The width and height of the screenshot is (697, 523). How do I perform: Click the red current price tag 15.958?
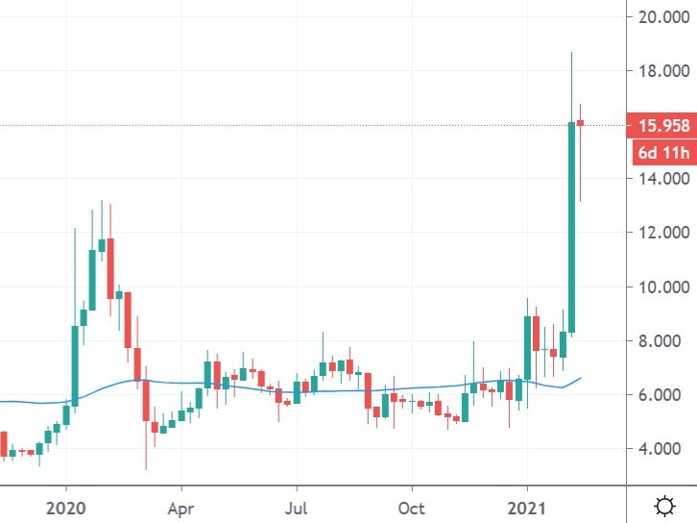657,125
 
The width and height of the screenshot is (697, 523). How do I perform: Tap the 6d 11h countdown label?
657,152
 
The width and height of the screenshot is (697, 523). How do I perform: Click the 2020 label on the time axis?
67,506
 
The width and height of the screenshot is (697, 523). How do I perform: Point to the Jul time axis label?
298,506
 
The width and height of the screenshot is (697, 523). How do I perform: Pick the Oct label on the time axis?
412,506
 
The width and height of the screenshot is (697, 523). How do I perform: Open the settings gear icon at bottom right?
663,505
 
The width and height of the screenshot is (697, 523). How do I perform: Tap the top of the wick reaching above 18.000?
571,53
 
